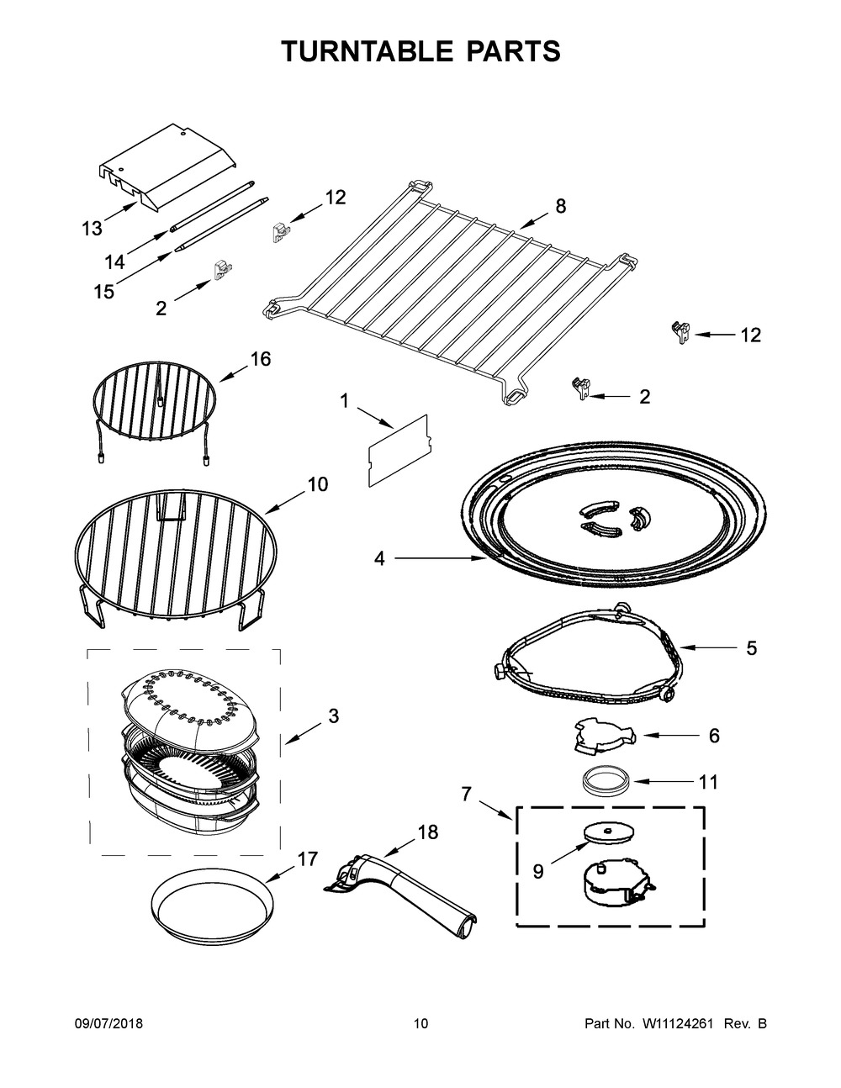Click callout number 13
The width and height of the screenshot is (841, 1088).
92,228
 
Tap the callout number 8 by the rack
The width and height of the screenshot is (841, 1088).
561,205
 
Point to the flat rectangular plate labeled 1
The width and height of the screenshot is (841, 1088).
399,451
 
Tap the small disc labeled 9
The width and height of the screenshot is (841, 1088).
609,832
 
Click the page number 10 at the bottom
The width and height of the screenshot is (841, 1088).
420,1024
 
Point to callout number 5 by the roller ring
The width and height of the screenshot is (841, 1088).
751,648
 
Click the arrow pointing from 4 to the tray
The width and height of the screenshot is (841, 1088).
437,557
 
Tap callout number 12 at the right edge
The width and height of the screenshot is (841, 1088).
750,335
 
